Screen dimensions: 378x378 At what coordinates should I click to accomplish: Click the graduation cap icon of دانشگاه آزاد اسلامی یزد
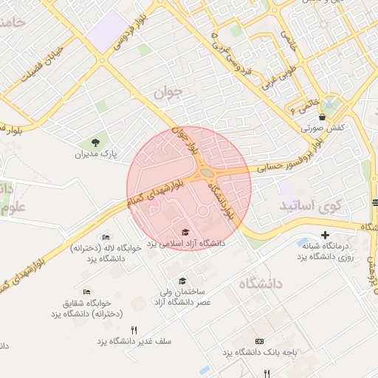tap(185, 233)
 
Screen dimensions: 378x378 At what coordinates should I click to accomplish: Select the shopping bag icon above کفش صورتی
tap(322, 117)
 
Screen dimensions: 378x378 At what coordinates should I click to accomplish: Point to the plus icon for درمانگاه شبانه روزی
tap(325, 235)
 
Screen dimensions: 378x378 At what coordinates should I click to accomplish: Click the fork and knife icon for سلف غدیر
tap(134, 331)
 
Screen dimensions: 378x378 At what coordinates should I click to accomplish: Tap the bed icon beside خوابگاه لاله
tap(106, 237)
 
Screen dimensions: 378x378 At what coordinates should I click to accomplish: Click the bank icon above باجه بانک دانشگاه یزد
tap(259, 342)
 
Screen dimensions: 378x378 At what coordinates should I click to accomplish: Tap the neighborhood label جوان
tap(168, 94)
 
